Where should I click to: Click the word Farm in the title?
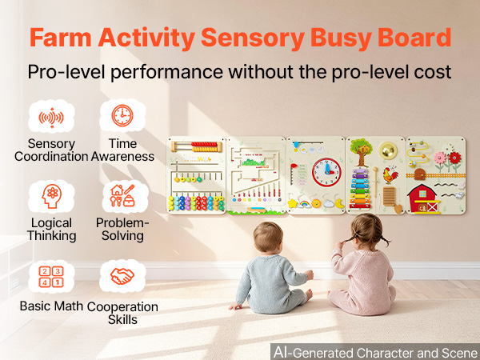tap(61, 38)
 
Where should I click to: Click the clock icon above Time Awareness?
tap(122, 115)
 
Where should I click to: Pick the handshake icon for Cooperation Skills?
tap(122, 276)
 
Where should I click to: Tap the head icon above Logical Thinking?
tap(51, 196)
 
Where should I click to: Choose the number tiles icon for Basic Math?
tap(51, 277)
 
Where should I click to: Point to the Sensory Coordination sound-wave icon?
tap(51, 118)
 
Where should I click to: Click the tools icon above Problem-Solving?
tap(122, 196)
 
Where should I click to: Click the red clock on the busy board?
tap(326, 172)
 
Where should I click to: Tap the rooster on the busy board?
tap(390, 175)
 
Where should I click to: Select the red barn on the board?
tap(424, 198)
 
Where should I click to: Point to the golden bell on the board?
tap(387, 150)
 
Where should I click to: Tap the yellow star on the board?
tap(293, 203)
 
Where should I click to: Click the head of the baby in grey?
tap(268, 237)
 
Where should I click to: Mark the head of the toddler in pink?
tap(366, 231)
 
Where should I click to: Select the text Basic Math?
tap(51, 306)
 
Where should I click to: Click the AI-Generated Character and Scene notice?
tap(376, 352)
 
